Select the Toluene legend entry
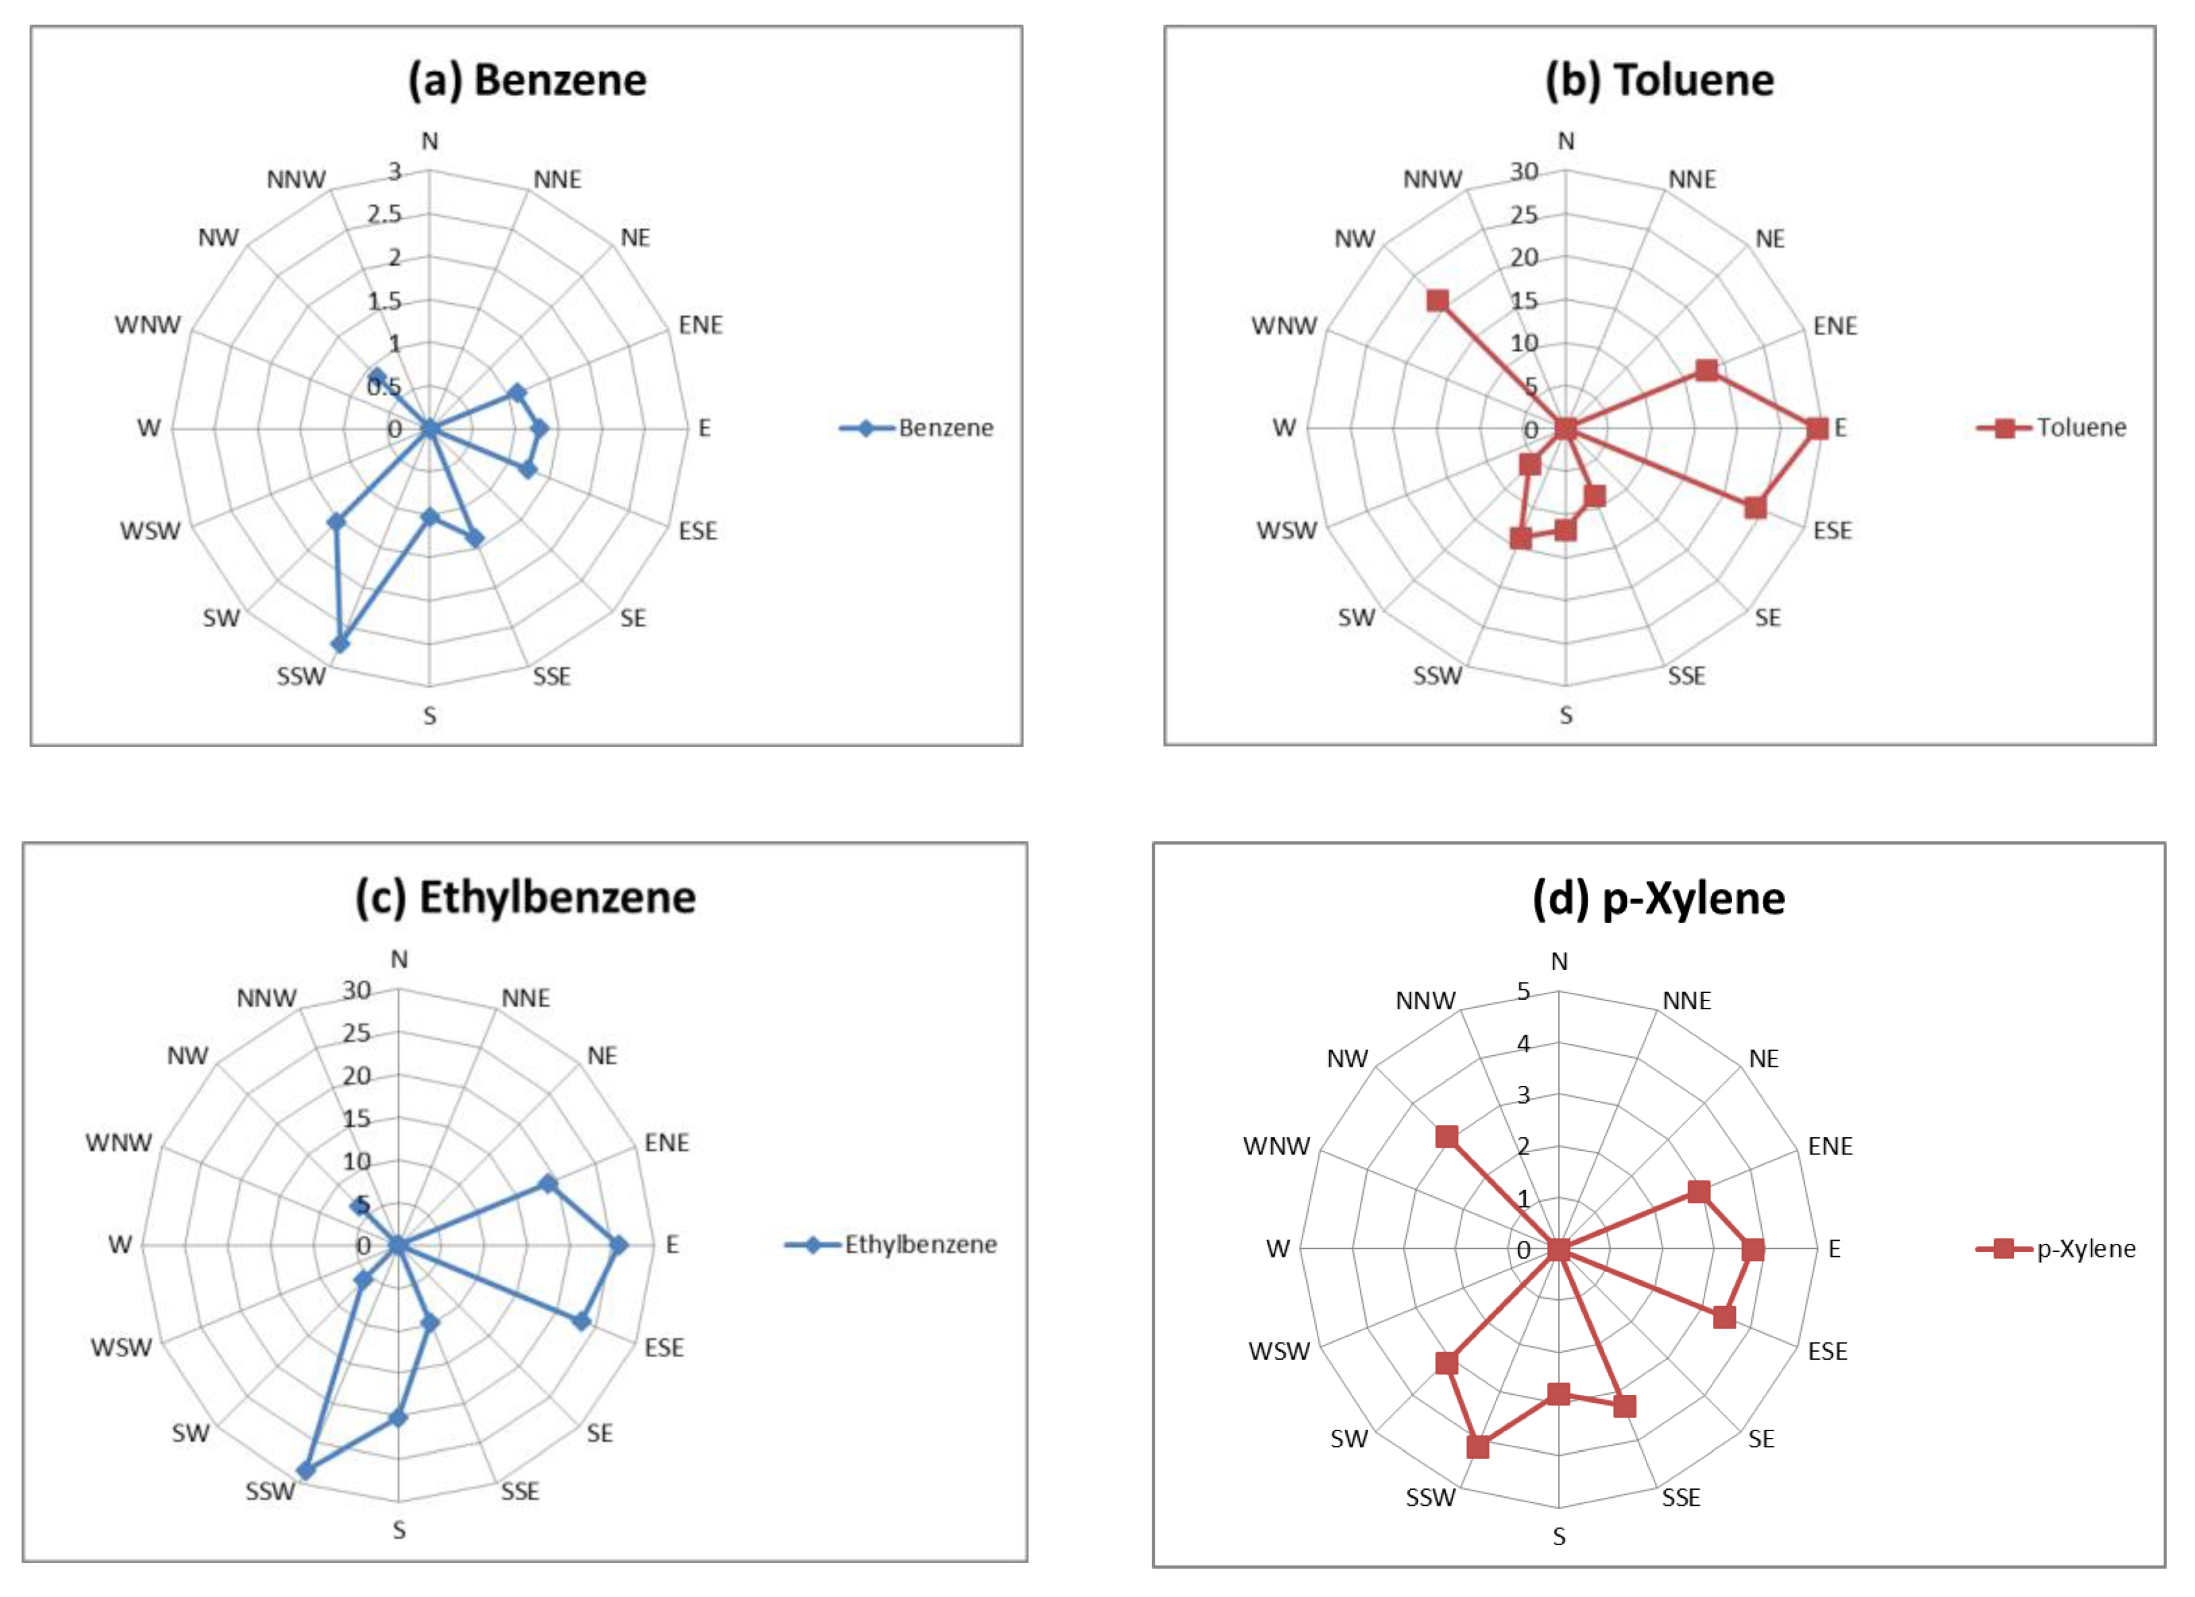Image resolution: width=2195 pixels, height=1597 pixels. click(2081, 428)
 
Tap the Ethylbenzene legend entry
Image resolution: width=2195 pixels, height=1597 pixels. click(919, 1244)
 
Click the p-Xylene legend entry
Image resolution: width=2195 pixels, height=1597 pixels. click(2086, 1249)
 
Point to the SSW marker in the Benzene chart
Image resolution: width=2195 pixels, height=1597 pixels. click(340, 643)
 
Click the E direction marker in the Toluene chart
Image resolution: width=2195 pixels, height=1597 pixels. click(1817, 428)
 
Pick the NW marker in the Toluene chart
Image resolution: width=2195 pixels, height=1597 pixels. click(1438, 300)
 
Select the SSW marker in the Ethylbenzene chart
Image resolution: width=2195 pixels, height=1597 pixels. click(306, 1470)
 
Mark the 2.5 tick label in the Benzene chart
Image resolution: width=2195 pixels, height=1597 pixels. click(385, 214)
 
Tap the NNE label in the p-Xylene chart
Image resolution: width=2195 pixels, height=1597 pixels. click(1687, 1001)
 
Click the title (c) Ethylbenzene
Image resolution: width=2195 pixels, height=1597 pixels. click(526, 897)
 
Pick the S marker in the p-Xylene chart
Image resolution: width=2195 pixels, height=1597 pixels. click(1558, 1394)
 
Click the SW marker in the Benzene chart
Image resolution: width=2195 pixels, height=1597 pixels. click(336, 521)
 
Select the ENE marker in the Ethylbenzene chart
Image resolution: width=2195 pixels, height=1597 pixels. click(548, 1183)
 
